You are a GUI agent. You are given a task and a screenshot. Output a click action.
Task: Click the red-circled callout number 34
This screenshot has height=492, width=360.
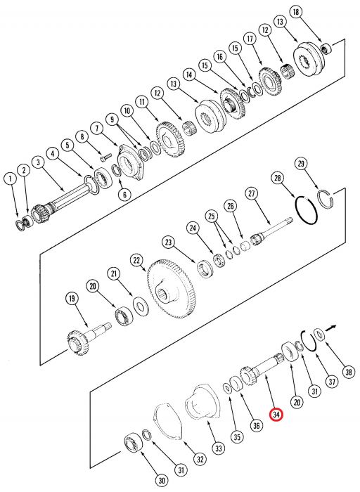pos(277,415)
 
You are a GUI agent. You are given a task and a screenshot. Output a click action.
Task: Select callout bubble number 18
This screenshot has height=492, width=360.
pos(296,13)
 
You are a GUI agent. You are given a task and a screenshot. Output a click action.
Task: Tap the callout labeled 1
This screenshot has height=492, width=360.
pos(9,179)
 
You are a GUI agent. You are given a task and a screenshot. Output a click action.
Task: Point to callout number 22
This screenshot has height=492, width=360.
pos(137,260)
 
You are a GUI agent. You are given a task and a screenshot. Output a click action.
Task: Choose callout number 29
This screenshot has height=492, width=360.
pos(302,164)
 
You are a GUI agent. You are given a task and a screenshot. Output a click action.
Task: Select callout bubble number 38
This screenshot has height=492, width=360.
pos(349,372)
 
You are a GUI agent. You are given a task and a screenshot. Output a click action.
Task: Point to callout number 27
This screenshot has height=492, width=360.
pos(250,193)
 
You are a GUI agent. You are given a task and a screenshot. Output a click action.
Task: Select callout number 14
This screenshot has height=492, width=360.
pos(188,74)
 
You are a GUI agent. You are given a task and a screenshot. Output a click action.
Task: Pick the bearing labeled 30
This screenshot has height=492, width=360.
pos(131,443)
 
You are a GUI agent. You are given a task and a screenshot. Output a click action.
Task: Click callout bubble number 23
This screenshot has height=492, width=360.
pos(168,242)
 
